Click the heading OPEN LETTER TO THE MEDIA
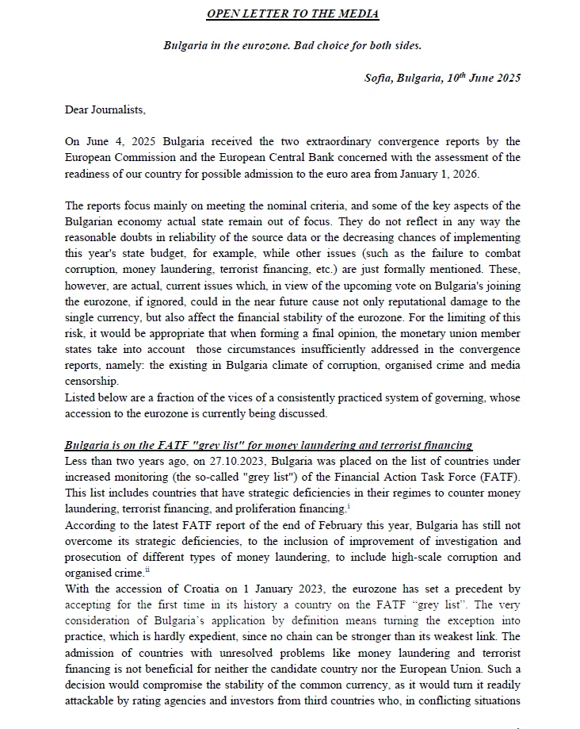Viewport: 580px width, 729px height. click(x=292, y=14)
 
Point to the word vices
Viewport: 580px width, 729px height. click(x=223, y=397)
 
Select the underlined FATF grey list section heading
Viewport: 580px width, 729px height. click(x=269, y=445)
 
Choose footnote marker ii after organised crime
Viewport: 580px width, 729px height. click(x=147, y=569)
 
